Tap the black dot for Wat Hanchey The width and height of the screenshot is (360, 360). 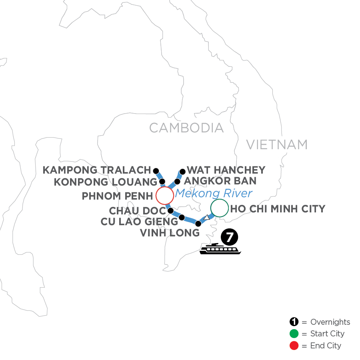click(x=183, y=172)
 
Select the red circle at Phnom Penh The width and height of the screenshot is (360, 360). click(x=164, y=196)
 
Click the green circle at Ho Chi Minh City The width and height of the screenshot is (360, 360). click(x=219, y=208)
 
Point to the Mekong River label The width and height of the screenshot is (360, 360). click(x=214, y=194)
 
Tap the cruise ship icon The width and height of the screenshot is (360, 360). click(x=221, y=249)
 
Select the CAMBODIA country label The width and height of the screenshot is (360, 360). click(x=186, y=128)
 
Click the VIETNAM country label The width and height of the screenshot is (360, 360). click(x=277, y=144)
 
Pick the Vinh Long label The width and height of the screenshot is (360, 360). click(x=170, y=233)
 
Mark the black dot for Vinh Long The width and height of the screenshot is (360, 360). click(x=198, y=224)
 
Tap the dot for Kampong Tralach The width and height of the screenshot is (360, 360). click(x=156, y=170)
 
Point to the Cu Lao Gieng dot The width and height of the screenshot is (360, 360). click(x=182, y=218)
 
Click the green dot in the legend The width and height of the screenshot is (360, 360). click(x=294, y=334)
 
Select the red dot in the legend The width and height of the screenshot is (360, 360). click(x=294, y=346)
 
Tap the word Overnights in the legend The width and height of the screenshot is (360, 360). click(x=330, y=322)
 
